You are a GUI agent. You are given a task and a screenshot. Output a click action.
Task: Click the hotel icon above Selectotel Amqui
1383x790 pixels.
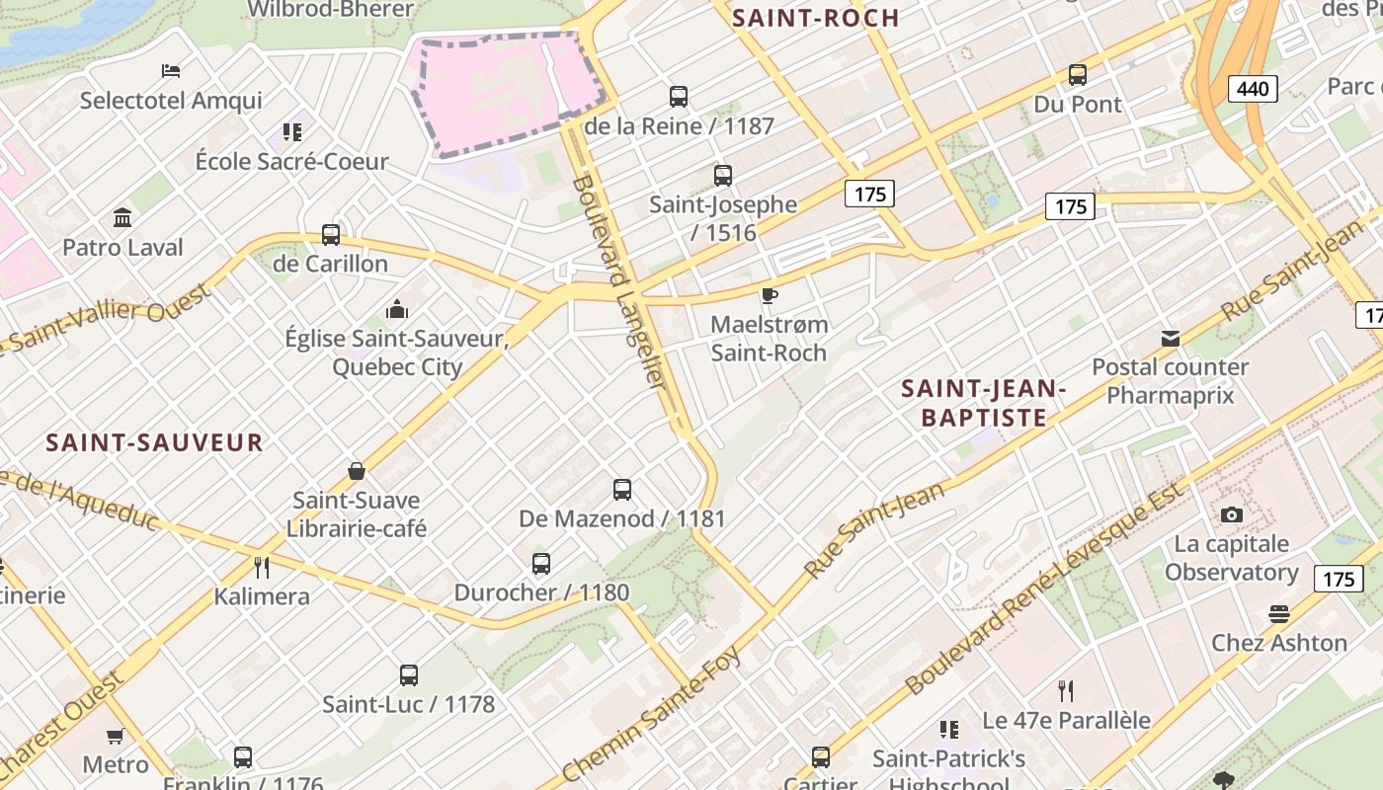pos(171,71)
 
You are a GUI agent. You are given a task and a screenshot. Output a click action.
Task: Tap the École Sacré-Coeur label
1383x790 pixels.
pos(292,161)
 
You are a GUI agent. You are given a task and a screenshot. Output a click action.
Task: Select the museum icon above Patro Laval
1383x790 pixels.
pos(122,217)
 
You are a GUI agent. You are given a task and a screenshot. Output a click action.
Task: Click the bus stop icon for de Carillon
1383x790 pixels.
pos(331,235)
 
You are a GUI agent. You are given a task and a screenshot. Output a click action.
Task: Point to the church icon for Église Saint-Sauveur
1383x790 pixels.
pos(397,309)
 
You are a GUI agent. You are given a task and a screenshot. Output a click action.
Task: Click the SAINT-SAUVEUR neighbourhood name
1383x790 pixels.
pos(155,442)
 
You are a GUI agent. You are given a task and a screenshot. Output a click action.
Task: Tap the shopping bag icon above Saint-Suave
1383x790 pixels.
pos(357,471)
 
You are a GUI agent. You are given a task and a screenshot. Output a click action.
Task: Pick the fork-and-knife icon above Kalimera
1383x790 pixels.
pos(262,567)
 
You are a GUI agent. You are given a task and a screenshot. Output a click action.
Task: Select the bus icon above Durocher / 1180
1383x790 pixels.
pos(541,564)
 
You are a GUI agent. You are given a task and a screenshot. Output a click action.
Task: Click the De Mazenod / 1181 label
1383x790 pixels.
pos(622,518)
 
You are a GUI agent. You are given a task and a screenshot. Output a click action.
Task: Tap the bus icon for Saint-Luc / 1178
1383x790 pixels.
pos(409,675)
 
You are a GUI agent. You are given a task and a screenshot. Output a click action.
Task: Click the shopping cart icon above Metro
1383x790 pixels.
pos(116,736)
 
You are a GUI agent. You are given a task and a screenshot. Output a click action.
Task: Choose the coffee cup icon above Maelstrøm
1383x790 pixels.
pos(770,295)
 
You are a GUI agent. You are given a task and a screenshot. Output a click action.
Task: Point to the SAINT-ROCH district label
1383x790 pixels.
pos(816,18)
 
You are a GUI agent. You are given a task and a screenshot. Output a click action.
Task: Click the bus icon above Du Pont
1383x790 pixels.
pos(1078,75)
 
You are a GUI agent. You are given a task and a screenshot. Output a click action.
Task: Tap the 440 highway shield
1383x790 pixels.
pos(1253,89)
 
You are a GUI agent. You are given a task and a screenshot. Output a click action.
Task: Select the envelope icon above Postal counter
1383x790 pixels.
pos(1171,339)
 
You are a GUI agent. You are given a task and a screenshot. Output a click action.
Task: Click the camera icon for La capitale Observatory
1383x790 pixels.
pos(1231,514)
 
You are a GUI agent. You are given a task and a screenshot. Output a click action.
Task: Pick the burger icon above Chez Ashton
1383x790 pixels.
pos(1279,614)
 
